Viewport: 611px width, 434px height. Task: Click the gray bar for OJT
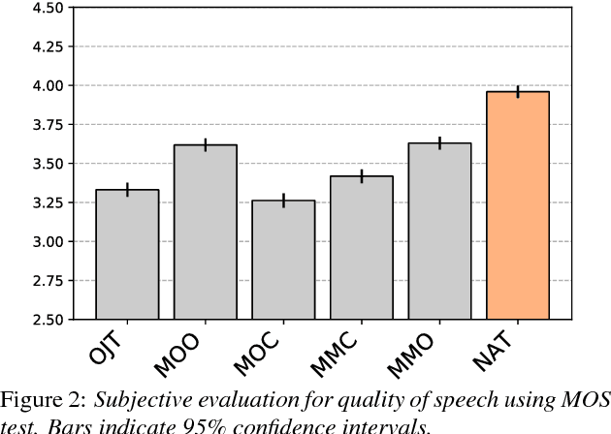(127, 254)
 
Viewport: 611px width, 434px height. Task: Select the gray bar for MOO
(206, 232)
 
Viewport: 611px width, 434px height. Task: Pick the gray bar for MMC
(362, 247)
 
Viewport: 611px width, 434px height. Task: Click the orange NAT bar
(518, 205)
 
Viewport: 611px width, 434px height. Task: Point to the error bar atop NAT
(518, 91)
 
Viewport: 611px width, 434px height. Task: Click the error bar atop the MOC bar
(283, 201)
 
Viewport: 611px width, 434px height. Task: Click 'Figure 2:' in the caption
(43, 400)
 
